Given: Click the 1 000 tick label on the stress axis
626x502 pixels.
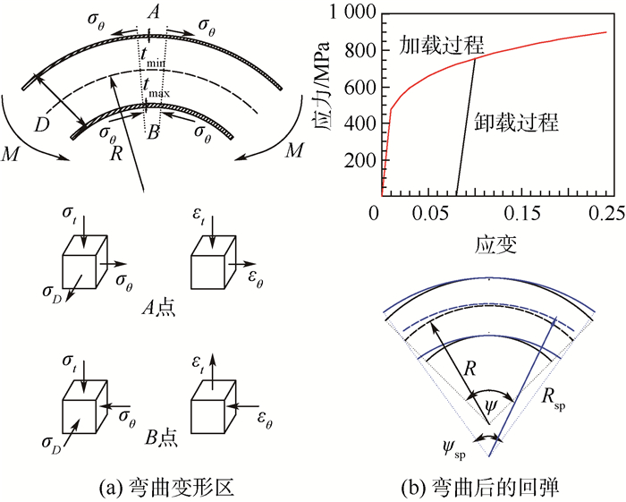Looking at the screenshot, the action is [x=347, y=13].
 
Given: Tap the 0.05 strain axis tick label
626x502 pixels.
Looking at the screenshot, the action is [x=429, y=214].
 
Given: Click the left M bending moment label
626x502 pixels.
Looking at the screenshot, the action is [x=13, y=155].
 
